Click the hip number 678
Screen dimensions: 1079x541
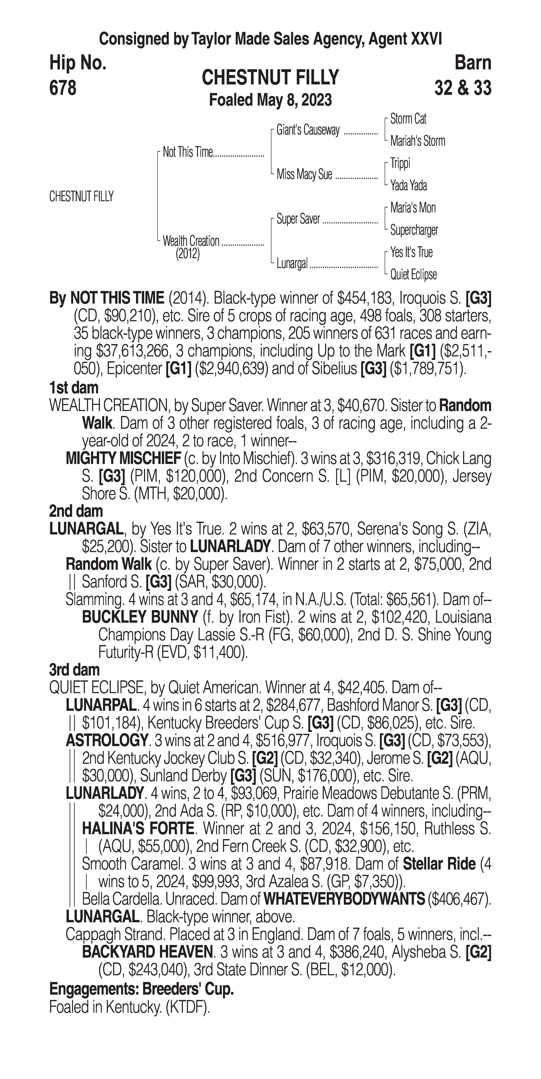coord(63,88)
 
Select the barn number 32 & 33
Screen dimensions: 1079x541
coord(463,88)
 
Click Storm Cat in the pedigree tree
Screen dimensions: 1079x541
coord(408,119)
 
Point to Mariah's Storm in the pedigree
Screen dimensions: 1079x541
coord(417,141)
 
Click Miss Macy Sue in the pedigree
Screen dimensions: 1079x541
coord(304,174)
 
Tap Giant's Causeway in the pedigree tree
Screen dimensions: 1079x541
coord(308,130)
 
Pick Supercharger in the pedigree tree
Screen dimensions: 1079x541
coord(414,230)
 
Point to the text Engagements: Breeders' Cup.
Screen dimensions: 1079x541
coord(141,989)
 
